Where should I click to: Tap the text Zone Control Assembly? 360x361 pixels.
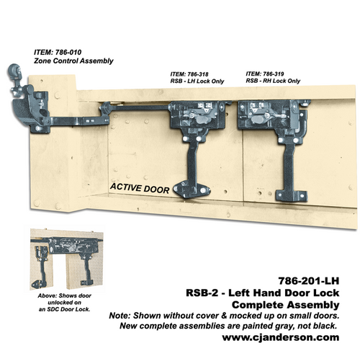[73, 61]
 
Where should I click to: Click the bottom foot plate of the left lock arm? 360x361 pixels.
[191, 189]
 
